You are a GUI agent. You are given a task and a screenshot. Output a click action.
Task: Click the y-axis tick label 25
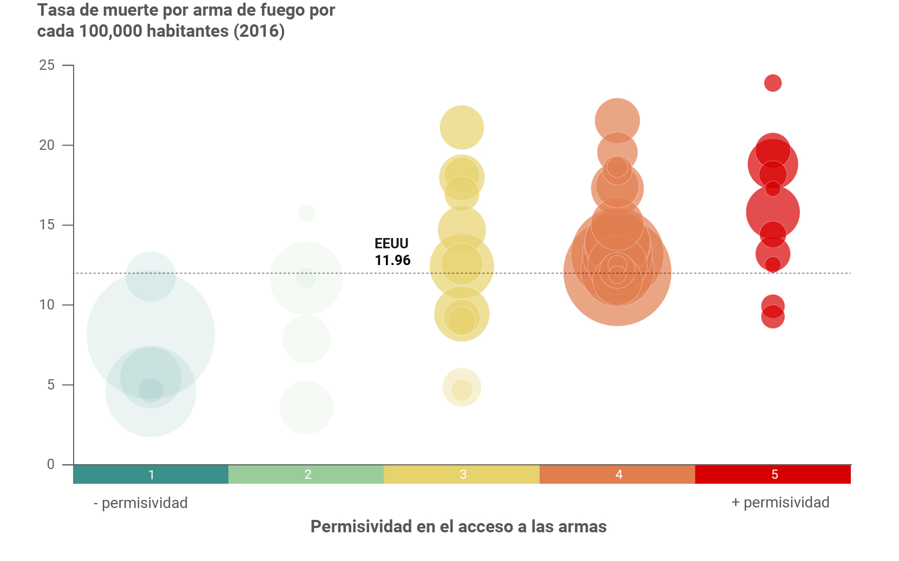point(47,65)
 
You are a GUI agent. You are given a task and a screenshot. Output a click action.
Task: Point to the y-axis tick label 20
point(47,145)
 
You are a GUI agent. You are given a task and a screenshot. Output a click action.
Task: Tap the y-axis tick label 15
point(47,225)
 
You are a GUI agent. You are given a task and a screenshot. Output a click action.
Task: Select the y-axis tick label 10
point(47,305)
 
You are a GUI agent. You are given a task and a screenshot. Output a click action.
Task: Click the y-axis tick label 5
point(51,385)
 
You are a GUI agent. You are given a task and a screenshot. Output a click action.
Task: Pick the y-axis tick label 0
point(51,464)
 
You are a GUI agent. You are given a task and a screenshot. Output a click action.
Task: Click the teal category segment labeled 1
point(151,474)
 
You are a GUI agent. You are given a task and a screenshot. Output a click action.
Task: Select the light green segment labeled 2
point(307,474)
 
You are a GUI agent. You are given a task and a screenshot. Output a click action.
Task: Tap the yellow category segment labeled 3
point(462,474)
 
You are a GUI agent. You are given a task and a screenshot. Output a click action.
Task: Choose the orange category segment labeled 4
point(618,474)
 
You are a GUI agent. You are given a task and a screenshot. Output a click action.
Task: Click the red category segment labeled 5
point(773,474)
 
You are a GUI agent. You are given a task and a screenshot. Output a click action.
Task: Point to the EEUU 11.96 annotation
point(392,252)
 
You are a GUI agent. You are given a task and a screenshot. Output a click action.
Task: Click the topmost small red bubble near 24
point(773,83)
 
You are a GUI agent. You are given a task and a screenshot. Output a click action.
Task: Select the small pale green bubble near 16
point(306,213)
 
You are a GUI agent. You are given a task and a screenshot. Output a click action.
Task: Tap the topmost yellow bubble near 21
point(462,128)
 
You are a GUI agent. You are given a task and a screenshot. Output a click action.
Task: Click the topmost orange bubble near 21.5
point(618,120)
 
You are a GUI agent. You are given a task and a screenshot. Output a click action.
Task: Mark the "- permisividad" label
point(141,503)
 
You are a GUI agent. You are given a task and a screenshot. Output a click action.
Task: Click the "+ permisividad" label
point(780,503)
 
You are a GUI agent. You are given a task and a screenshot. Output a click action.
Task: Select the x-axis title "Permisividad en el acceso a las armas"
point(458,526)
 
